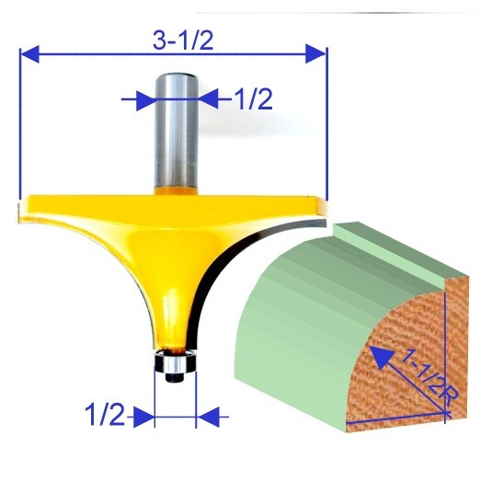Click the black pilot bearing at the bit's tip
175,364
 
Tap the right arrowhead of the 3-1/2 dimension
318,55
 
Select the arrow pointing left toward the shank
209,98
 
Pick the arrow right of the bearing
211,418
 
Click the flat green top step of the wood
405,248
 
